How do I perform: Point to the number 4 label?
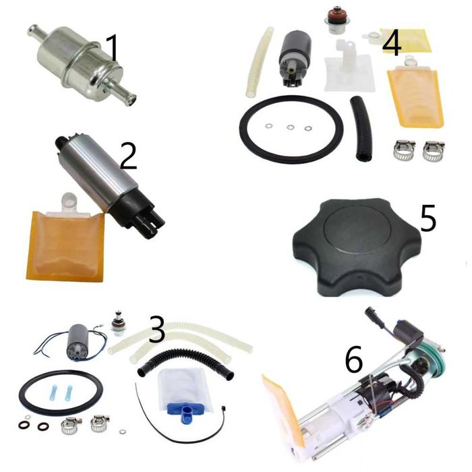pos(392,43)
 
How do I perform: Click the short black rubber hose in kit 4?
pos(361,128)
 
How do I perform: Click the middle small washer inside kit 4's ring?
pos(291,127)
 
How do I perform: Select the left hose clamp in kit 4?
pos(404,149)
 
